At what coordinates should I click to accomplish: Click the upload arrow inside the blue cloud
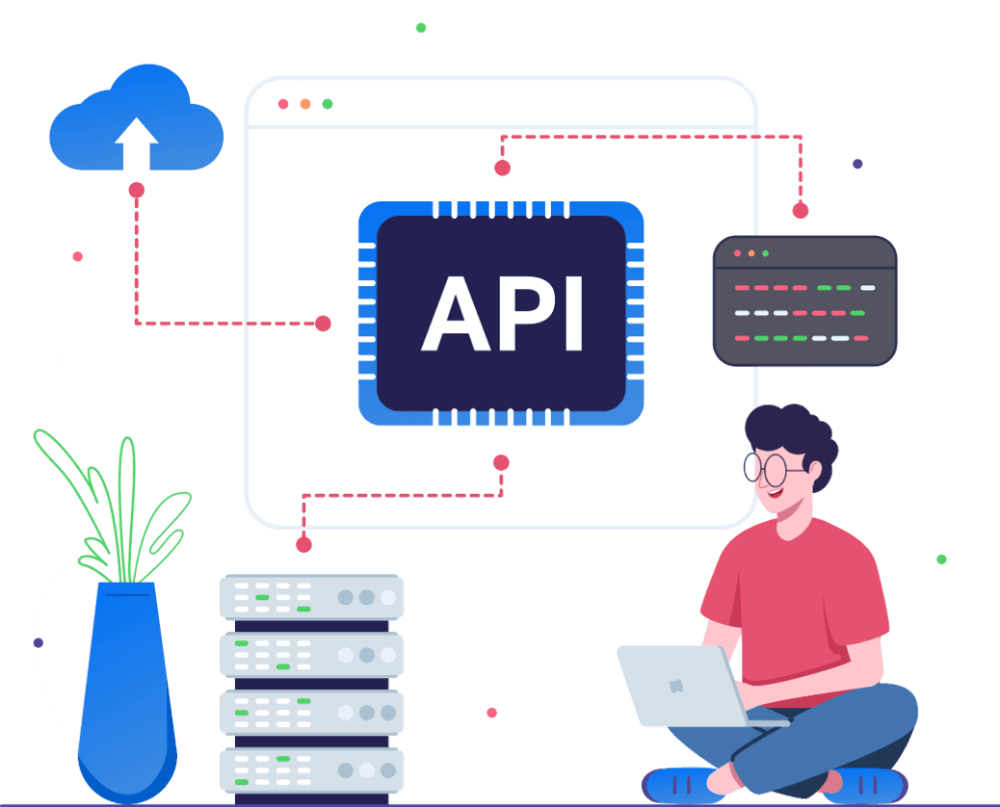click(x=136, y=144)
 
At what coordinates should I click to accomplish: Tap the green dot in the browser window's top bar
click(x=328, y=104)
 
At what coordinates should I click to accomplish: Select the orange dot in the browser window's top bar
click(x=305, y=104)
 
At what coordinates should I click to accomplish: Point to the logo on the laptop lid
click(x=677, y=685)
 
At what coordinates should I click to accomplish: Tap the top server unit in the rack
click(x=311, y=597)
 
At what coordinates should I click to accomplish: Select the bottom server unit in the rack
click(x=311, y=769)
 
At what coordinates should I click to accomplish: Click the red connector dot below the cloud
click(x=136, y=190)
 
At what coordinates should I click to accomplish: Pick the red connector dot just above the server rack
click(x=303, y=544)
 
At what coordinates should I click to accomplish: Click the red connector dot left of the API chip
click(x=323, y=324)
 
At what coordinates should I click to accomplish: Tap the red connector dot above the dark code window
click(x=800, y=210)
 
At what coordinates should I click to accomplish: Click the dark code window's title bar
click(x=804, y=253)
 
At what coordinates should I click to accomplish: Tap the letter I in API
click(x=574, y=314)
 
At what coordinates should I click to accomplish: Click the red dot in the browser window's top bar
click(x=283, y=104)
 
